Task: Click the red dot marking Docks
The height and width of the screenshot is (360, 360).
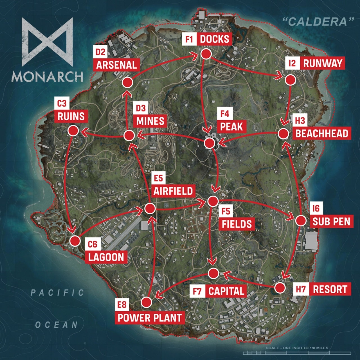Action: pyautogui.click(x=206, y=54)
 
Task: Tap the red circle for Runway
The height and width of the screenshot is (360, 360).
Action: pyautogui.click(x=290, y=80)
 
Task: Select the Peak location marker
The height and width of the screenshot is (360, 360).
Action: pyautogui.click(x=209, y=143)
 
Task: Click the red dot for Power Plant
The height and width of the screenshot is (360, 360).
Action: pyautogui.click(x=147, y=302)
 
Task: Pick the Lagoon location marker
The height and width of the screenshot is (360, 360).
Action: pyautogui.click(x=75, y=241)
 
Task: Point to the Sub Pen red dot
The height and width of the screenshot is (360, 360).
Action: pyautogui.click(x=301, y=220)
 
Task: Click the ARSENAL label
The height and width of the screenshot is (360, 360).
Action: pyautogui.click(x=116, y=65)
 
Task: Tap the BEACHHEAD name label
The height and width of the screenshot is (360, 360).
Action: pyautogui.click(x=322, y=134)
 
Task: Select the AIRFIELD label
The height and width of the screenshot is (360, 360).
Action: pyautogui.click(x=173, y=191)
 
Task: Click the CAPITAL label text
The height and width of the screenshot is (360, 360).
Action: pyautogui.click(x=226, y=291)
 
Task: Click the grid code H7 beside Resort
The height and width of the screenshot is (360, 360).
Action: pyautogui.click(x=301, y=289)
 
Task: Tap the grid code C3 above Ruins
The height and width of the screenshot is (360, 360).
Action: pyautogui.click(x=62, y=103)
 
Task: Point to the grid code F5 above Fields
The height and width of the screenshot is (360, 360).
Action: pyautogui.click(x=226, y=211)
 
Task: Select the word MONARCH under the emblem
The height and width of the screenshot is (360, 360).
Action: pyautogui.click(x=47, y=76)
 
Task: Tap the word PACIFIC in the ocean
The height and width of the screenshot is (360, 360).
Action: pyautogui.click(x=57, y=293)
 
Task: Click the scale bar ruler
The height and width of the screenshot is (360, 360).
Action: pyautogui.click(x=297, y=353)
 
